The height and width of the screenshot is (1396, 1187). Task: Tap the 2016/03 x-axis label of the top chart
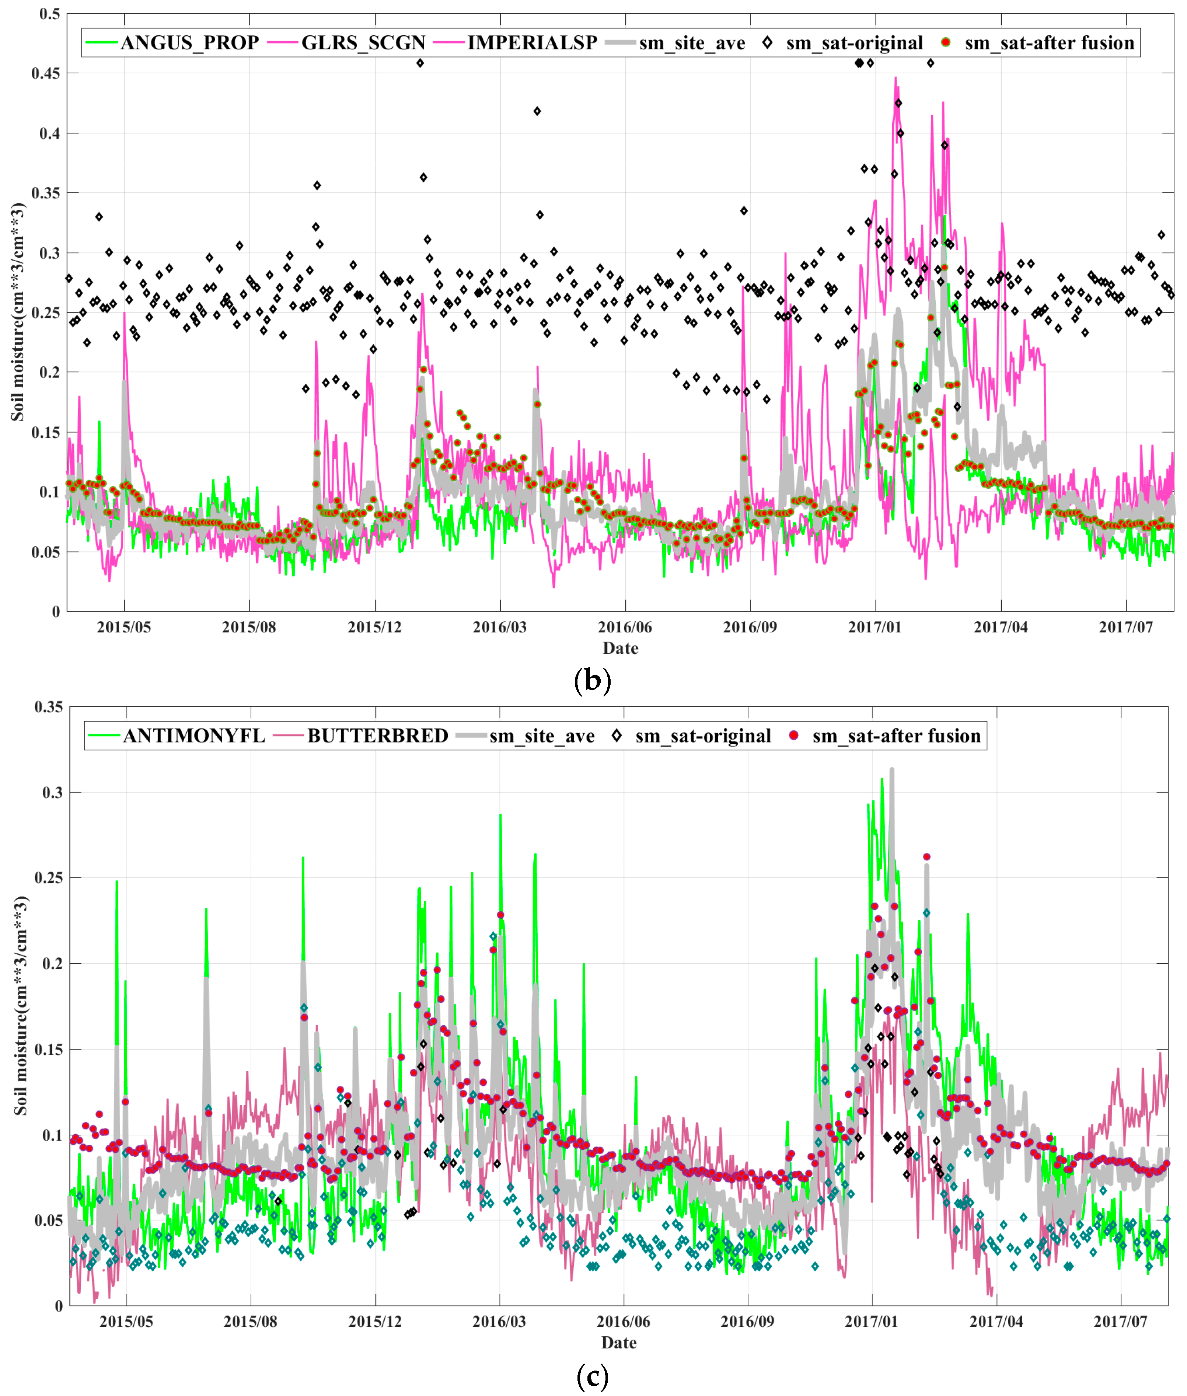[499, 627]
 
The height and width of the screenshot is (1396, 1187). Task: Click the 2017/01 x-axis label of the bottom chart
[871, 1321]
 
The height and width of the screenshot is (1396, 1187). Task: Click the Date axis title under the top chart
[620, 648]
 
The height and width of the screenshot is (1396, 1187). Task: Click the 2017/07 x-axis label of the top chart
[1125, 627]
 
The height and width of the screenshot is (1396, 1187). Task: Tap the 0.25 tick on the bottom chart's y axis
[48, 878]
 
